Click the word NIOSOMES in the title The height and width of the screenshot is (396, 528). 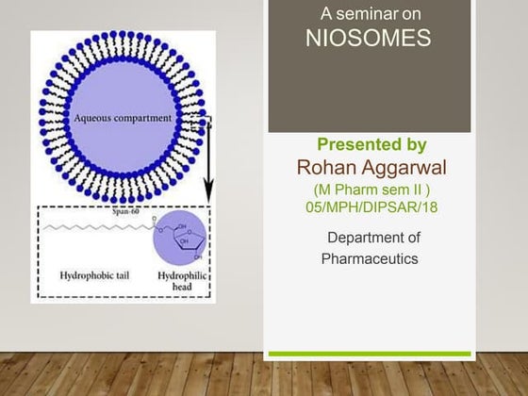click(369, 38)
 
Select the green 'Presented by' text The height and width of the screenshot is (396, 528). click(371, 145)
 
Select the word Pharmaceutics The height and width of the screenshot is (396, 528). click(370, 257)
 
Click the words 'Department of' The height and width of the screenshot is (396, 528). click(373, 237)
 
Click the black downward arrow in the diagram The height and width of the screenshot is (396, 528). click(209, 160)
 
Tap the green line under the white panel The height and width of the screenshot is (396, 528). click(369, 354)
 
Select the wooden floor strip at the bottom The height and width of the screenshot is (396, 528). click(264, 377)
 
